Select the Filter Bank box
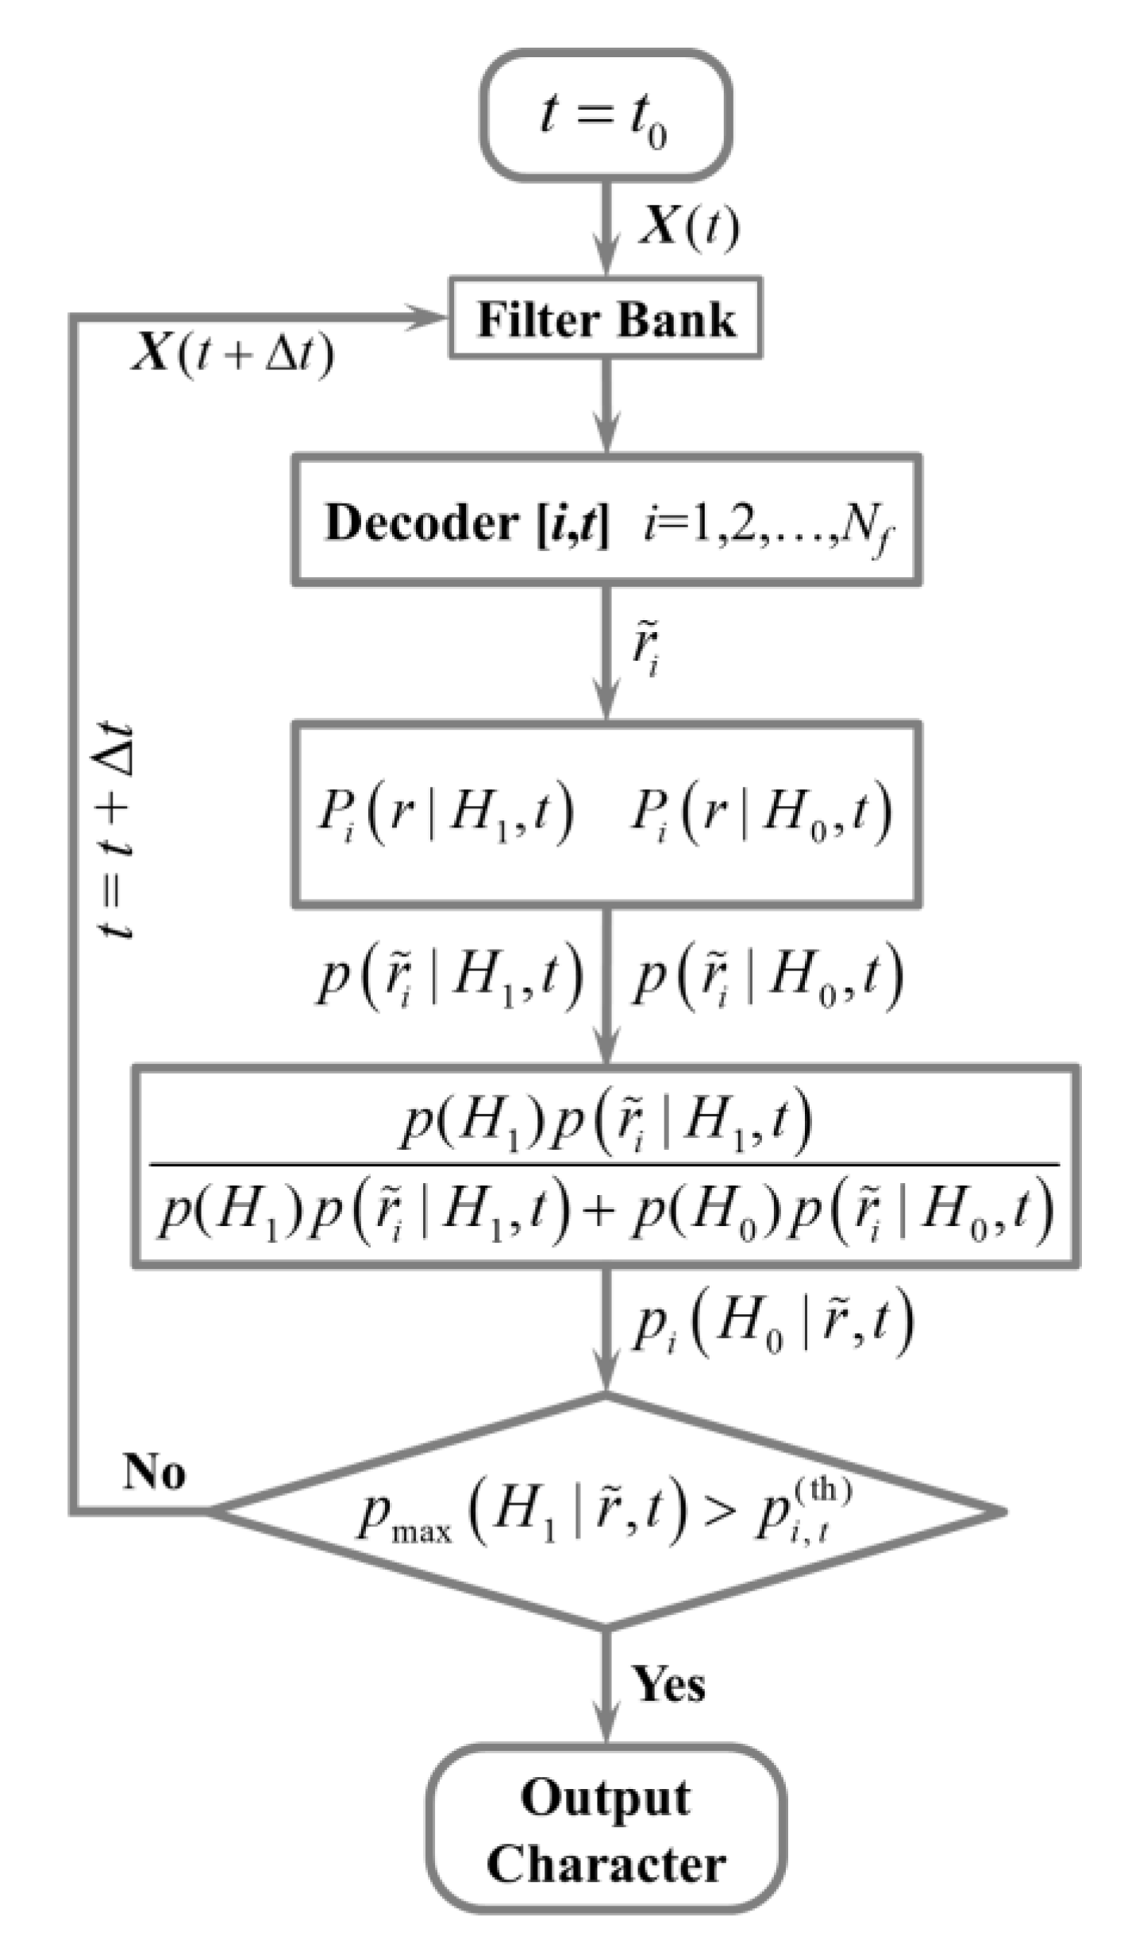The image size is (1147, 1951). click(x=606, y=318)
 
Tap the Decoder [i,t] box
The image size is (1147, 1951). click(x=606, y=521)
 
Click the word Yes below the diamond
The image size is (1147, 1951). click(x=668, y=1684)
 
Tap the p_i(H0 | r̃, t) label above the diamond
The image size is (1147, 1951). click(x=772, y=1324)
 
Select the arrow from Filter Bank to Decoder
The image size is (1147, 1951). click(x=606, y=405)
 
